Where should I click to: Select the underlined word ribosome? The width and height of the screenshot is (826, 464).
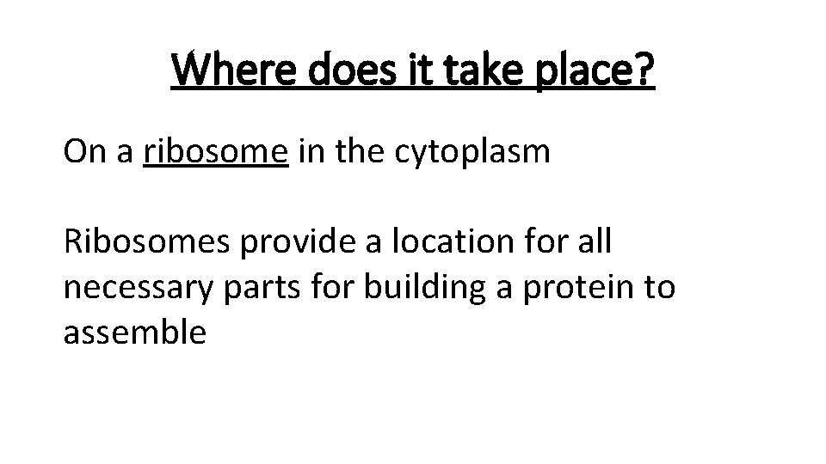tap(216, 152)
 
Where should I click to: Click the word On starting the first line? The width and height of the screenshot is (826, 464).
tap(83, 152)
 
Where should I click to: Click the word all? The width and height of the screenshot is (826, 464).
tap(592, 242)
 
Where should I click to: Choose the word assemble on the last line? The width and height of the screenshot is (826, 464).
tap(134, 333)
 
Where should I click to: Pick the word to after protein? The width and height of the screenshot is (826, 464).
tap(660, 288)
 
